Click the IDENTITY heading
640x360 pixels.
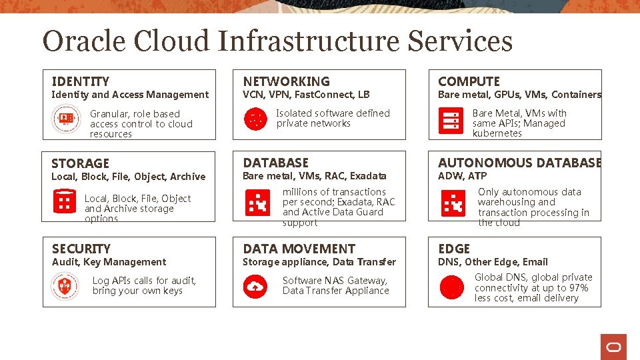[80, 81]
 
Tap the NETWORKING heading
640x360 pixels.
[286, 81]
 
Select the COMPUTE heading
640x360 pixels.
[469, 81]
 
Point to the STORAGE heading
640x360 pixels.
[80, 163]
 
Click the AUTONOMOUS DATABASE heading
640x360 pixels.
[519, 163]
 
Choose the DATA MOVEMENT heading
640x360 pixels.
[299, 249]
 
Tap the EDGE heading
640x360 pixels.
[454, 249]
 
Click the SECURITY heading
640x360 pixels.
[81, 249]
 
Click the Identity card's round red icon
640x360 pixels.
[65, 119]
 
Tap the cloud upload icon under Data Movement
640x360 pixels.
[255, 287]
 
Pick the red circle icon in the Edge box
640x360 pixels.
[452, 287]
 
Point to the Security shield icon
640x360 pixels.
[65, 287]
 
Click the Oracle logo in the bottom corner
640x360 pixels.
[613, 347]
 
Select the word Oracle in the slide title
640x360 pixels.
[85, 41]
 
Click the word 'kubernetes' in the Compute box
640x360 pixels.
[497, 133]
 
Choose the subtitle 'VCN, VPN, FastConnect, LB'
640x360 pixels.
[306, 95]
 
